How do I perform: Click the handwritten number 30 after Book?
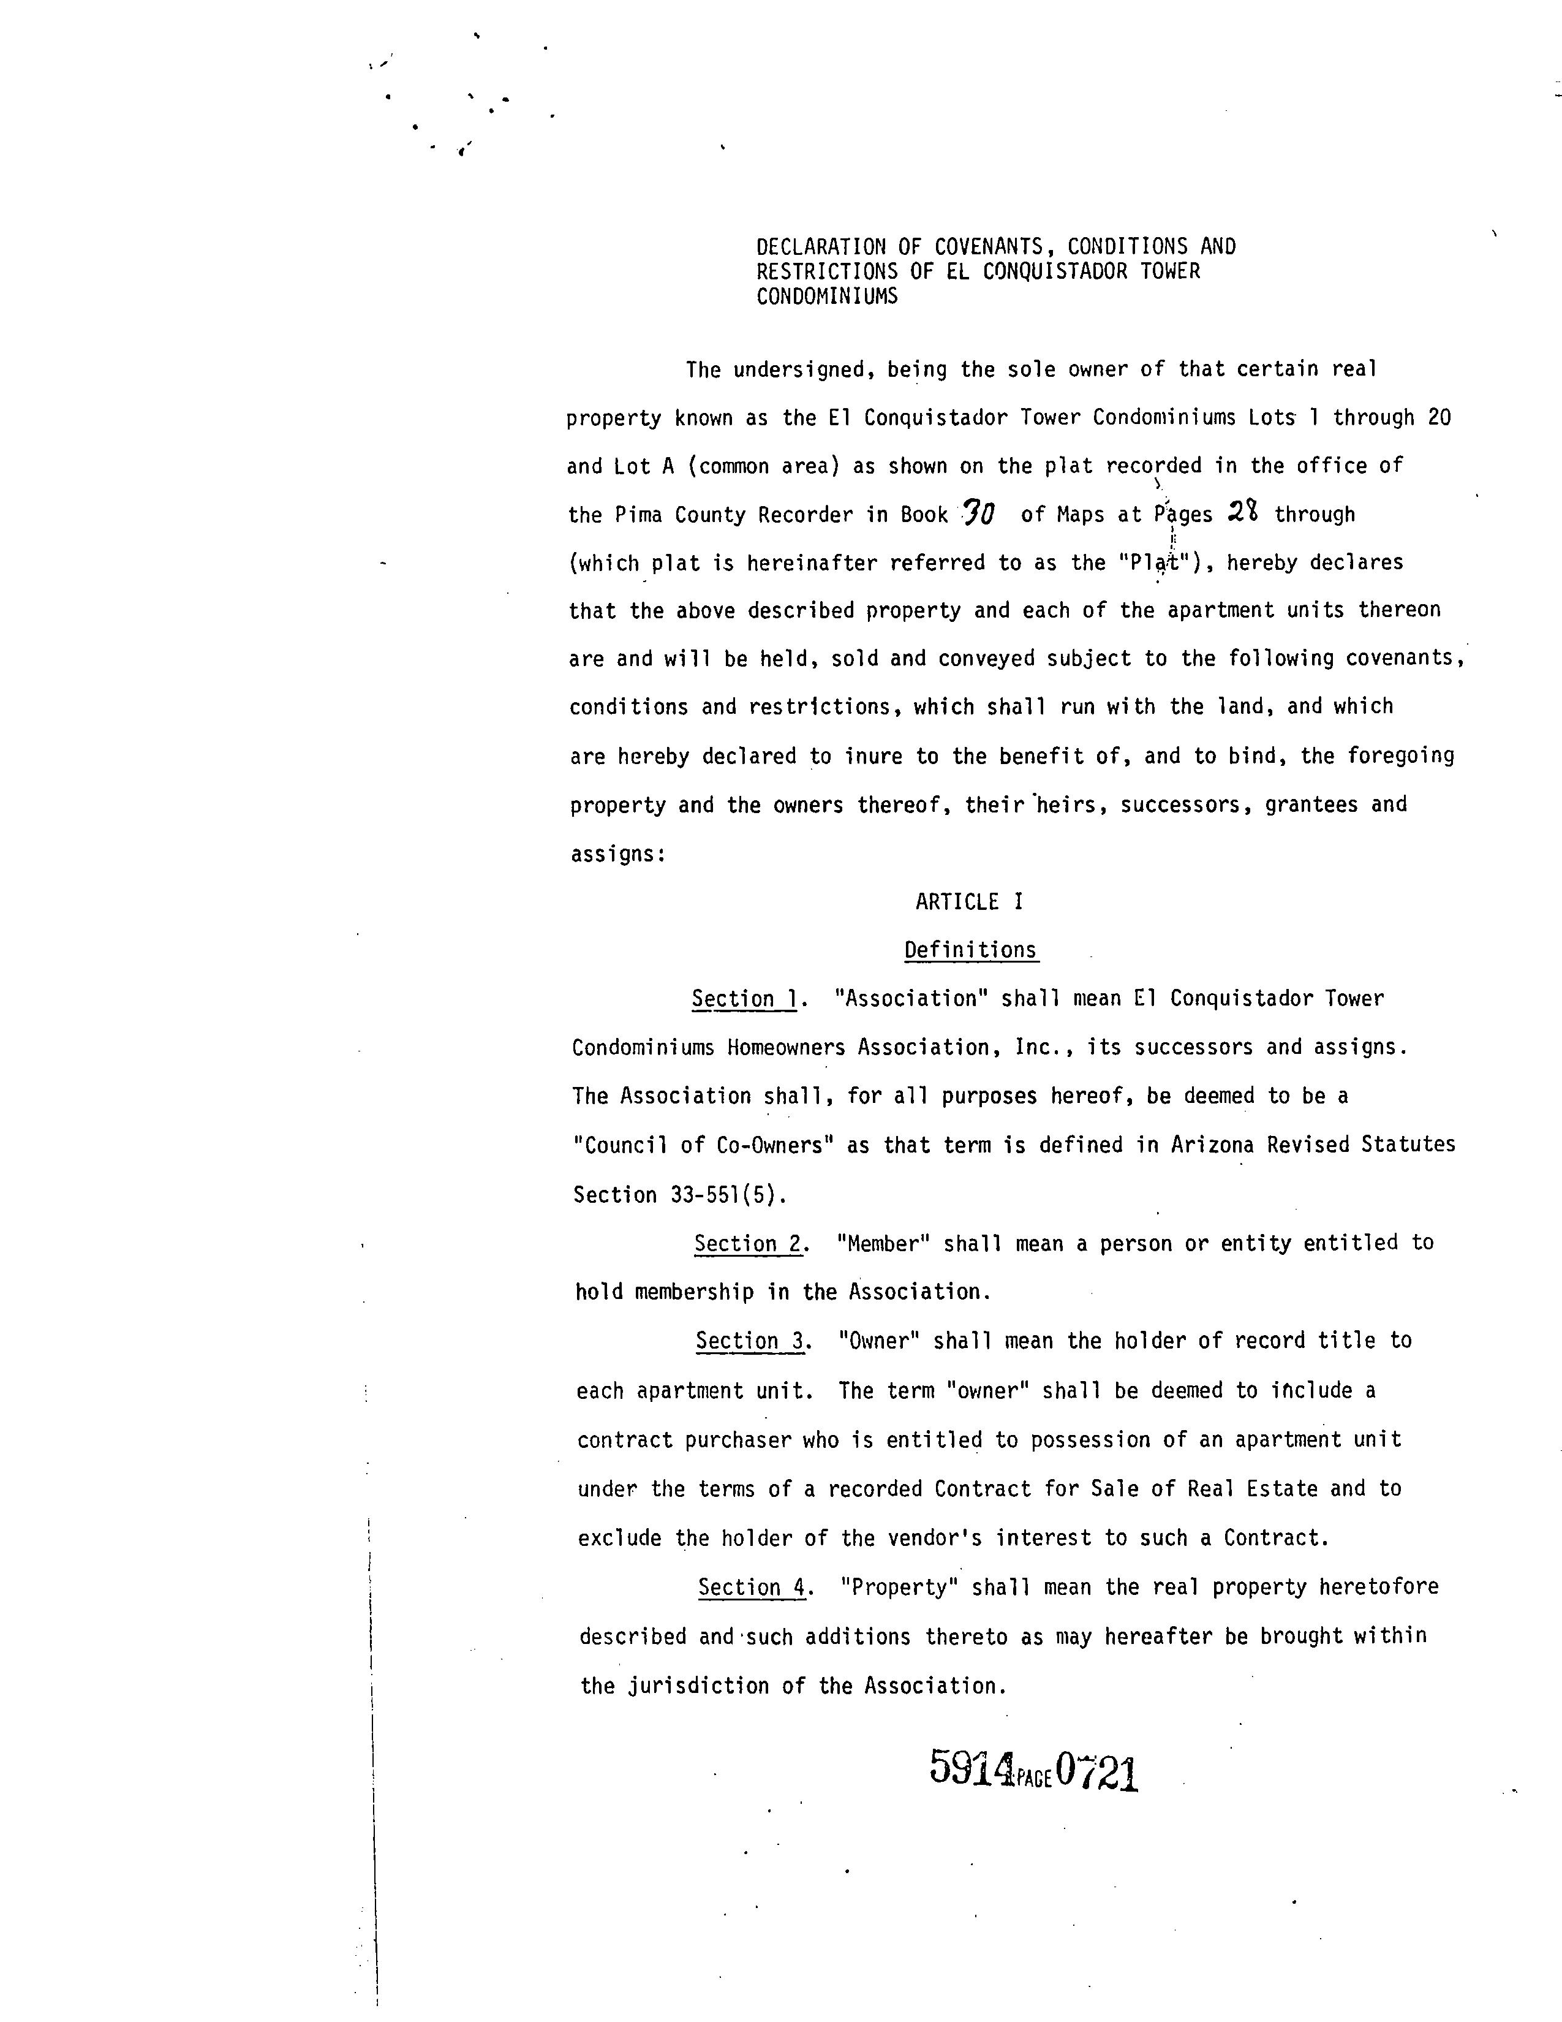click(x=979, y=512)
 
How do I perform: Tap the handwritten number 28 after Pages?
click(x=1242, y=512)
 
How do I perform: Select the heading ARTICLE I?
click(x=969, y=902)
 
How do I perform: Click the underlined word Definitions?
click(x=971, y=950)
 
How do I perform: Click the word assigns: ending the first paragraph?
click(x=618, y=854)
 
